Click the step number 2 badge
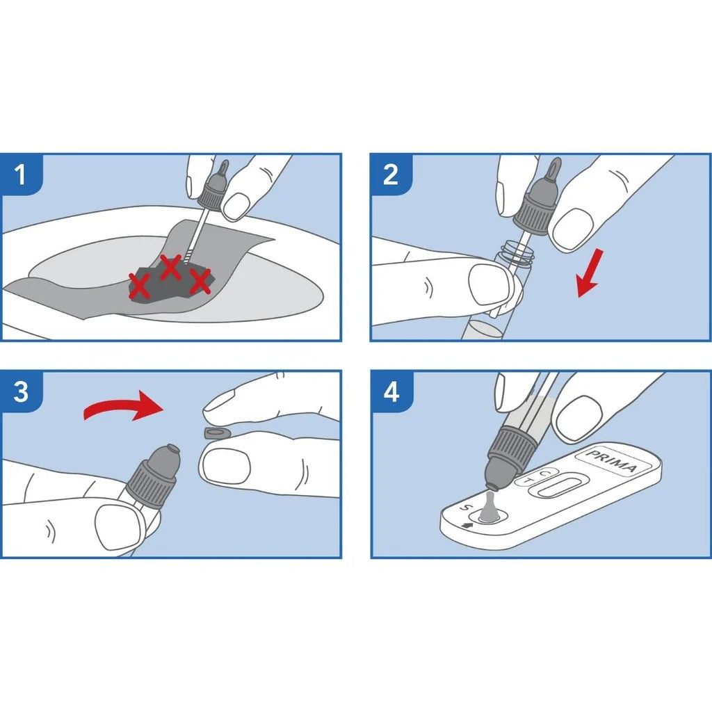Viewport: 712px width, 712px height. point(391,175)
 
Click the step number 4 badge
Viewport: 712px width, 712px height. point(391,391)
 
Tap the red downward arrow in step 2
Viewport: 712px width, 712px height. point(590,273)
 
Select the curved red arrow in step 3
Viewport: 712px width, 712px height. point(124,405)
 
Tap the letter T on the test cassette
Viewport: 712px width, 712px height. point(528,480)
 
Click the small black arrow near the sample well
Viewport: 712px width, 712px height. point(467,526)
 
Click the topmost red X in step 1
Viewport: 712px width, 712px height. point(170,267)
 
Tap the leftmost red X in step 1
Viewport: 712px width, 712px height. point(139,286)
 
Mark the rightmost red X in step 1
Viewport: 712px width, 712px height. point(200,281)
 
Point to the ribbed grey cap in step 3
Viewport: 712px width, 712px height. point(151,484)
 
